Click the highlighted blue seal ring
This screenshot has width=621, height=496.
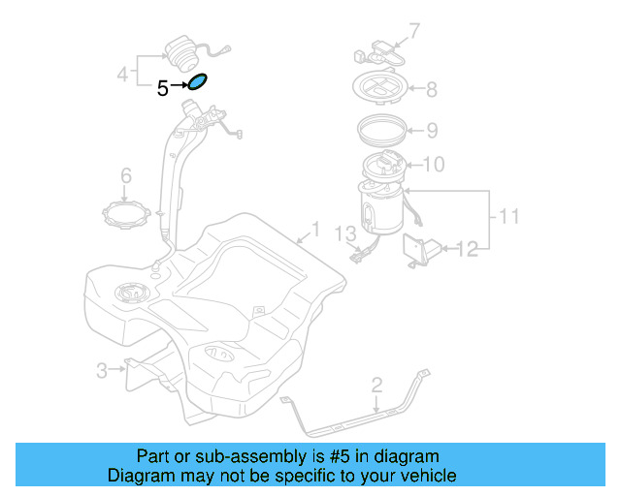[197, 82]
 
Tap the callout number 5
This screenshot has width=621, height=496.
[163, 88]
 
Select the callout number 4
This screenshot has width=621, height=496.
[123, 73]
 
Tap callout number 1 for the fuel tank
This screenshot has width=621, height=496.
[313, 232]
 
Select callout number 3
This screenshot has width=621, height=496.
[101, 369]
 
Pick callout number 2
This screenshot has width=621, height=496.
[376, 387]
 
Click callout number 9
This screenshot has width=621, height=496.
[432, 130]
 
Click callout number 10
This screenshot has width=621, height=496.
[433, 165]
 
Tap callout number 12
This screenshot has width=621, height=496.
[467, 250]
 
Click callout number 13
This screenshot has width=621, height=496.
[346, 233]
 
